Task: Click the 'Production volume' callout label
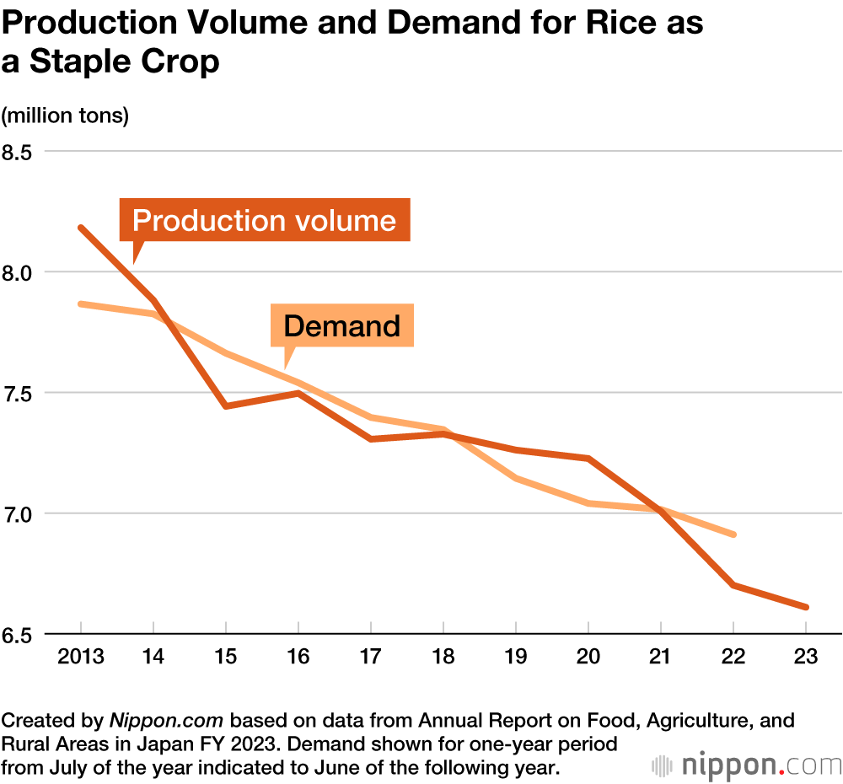[x=264, y=221]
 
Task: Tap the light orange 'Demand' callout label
[x=341, y=325]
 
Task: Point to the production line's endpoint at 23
[x=807, y=607]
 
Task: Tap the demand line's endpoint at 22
[x=734, y=534]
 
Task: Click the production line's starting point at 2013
[x=81, y=227]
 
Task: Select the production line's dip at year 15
[x=226, y=406]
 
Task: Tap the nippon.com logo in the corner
[x=747, y=765]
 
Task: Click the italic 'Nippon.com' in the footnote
[x=167, y=722]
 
